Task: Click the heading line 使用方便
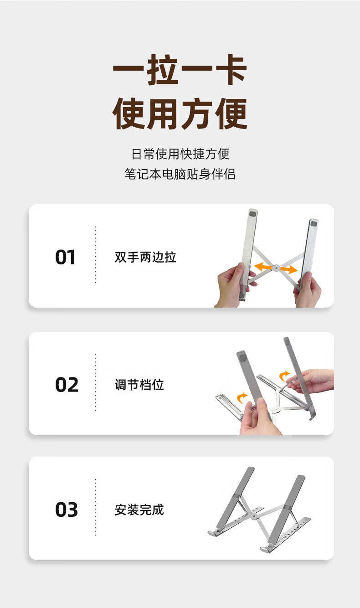point(180,114)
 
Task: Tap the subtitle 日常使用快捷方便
point(180,154)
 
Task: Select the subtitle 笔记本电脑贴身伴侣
point(180,174)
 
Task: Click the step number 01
point(65,257)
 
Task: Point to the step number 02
point(67,385)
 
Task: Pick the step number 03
point(67,510)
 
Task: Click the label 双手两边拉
point(145,257)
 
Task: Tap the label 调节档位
point(139,385)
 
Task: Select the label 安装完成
point(139,510)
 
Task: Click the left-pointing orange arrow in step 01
point(262,266)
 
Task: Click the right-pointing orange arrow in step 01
point(288,269)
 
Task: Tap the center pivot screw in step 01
point(276,268)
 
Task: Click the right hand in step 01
point(308,290)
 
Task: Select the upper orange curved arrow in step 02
point(284,376)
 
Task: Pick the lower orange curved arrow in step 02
point(242,397)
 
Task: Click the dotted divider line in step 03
point(95,507)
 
